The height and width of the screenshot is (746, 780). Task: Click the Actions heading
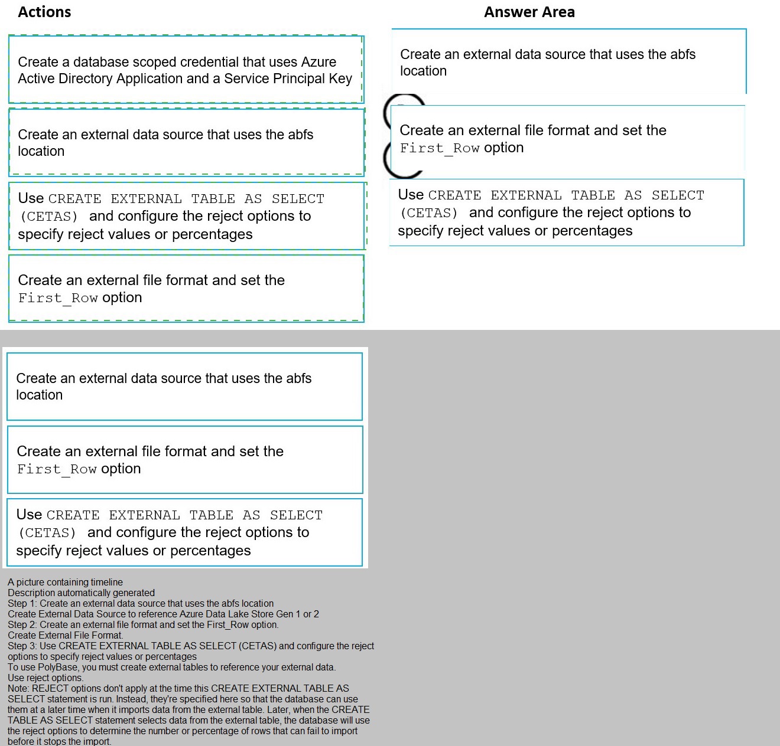(x=44, y=12)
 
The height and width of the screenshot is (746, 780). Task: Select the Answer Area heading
(x=529, y=12)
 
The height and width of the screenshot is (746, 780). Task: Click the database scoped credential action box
(x=186, y=70)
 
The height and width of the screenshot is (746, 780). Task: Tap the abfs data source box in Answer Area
(x=568, y=62)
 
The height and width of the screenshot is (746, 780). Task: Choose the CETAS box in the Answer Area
(x=566, y=212)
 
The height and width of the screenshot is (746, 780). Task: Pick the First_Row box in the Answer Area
(x=567, y=139)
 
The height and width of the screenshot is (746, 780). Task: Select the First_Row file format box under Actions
(x=186, y=289)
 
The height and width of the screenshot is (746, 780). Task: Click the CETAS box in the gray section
(x=184, y=532)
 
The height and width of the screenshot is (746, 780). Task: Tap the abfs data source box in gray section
(x=184, y=387)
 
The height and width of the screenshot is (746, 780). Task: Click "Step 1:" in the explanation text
(x=22, y=604)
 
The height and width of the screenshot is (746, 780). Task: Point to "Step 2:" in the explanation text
(x=22, y=625)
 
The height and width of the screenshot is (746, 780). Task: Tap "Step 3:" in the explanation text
(x=22, y=646)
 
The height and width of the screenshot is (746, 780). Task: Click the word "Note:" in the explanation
(x=18, y=689)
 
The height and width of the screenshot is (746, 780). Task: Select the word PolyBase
(x=58, y=668)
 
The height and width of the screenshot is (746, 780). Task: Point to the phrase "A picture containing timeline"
(x=65, y=583)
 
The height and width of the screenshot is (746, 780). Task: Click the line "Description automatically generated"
(x=81, y=593)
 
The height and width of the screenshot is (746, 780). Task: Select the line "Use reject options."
(x=45, y=678)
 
